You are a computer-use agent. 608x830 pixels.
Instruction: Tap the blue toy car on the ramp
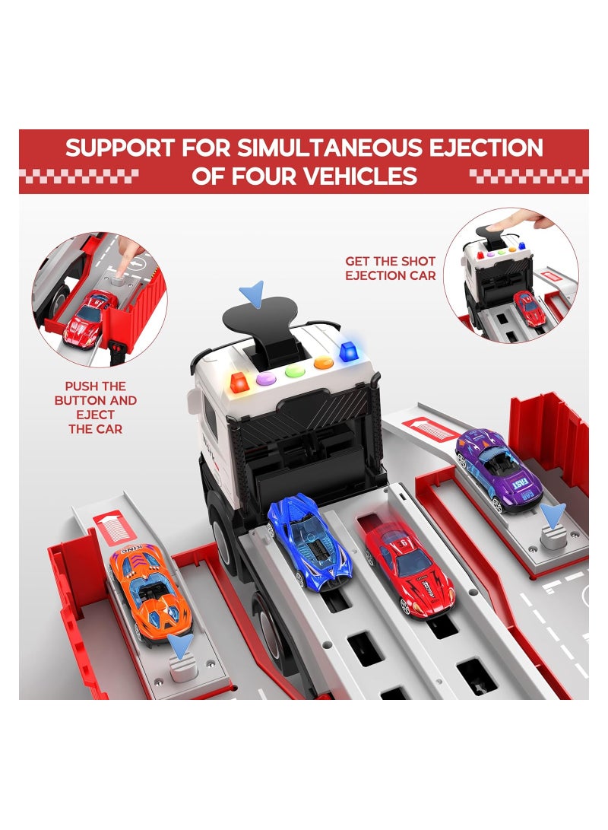(x=309, y=540)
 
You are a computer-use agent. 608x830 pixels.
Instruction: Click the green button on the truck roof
(x=293, y=374)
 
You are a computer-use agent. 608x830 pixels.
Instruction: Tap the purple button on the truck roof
(x=264, y=377)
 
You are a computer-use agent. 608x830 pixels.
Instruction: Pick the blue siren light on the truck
(x=350, y=352)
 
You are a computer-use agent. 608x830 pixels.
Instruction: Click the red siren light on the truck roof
(x=239, y=381)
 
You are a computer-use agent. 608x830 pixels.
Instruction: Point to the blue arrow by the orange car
(x=181, y=646)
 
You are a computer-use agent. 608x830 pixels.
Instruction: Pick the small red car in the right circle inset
(x=529, y=307)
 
